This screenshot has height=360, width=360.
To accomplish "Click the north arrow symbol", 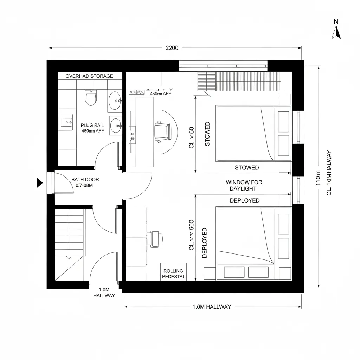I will click(x=336, y=32).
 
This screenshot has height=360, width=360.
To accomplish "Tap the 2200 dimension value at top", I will click(x=172, y=48).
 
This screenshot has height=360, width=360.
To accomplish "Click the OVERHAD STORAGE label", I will click(x=89, y=76).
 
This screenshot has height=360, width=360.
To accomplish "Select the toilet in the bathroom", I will click(x=91, y=97).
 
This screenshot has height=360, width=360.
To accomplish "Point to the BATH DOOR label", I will click(x=85, y=180).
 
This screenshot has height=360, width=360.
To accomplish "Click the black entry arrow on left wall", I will click(x=40, y=183).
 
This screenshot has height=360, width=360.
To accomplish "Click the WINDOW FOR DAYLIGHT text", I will click(x=244, y=185).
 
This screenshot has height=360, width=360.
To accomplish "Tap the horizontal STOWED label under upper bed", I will click(x=247, y=168).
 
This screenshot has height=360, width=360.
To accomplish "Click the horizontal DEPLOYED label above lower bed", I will click(x=245, y=200).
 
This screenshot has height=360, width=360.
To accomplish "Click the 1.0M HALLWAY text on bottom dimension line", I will click(x=212, y=307).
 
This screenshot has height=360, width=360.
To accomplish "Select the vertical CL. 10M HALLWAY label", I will click(x=329, y=173).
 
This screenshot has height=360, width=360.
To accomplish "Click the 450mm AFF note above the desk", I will click(x=161, y=94).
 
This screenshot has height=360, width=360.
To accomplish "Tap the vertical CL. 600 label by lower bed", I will click(x=192, y=235).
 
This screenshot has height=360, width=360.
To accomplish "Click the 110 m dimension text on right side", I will click(x=319, y=178).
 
